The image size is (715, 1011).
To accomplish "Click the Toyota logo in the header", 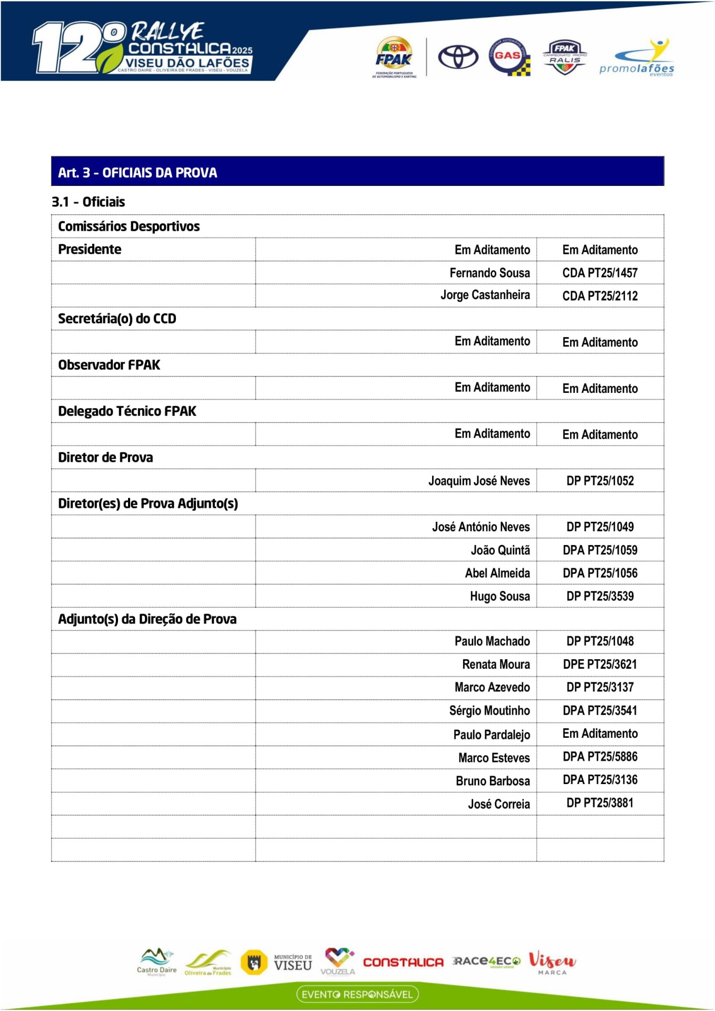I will click(458, 57).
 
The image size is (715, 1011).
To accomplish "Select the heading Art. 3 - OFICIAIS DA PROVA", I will click(138, 173).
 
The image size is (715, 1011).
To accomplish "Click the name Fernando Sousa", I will click(489, 273).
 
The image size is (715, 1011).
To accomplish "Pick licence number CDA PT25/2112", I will click(600, 296).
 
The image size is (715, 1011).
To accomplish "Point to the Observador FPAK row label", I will click(109, 365).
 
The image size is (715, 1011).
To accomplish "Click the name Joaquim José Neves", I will click(479, 481).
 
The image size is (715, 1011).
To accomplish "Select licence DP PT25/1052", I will click(600, 481).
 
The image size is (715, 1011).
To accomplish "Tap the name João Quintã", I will click(500, 550).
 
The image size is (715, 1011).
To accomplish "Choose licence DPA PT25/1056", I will click(600, 573).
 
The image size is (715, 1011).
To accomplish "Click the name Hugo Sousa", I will click(499, 596).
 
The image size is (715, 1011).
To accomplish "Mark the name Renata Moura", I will click(496, 665).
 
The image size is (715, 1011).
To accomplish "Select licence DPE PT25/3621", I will click(600, 665).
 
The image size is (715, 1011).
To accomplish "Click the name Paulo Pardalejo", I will click(492, 735).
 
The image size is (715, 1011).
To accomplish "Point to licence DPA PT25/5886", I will click(600, 757).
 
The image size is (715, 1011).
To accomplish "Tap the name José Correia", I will click(498, 804).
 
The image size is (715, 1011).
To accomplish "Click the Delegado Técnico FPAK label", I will click(127, 411).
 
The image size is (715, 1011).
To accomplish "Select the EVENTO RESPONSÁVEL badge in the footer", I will click(357, 994).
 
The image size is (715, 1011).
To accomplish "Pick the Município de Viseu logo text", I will click(293, 963).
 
